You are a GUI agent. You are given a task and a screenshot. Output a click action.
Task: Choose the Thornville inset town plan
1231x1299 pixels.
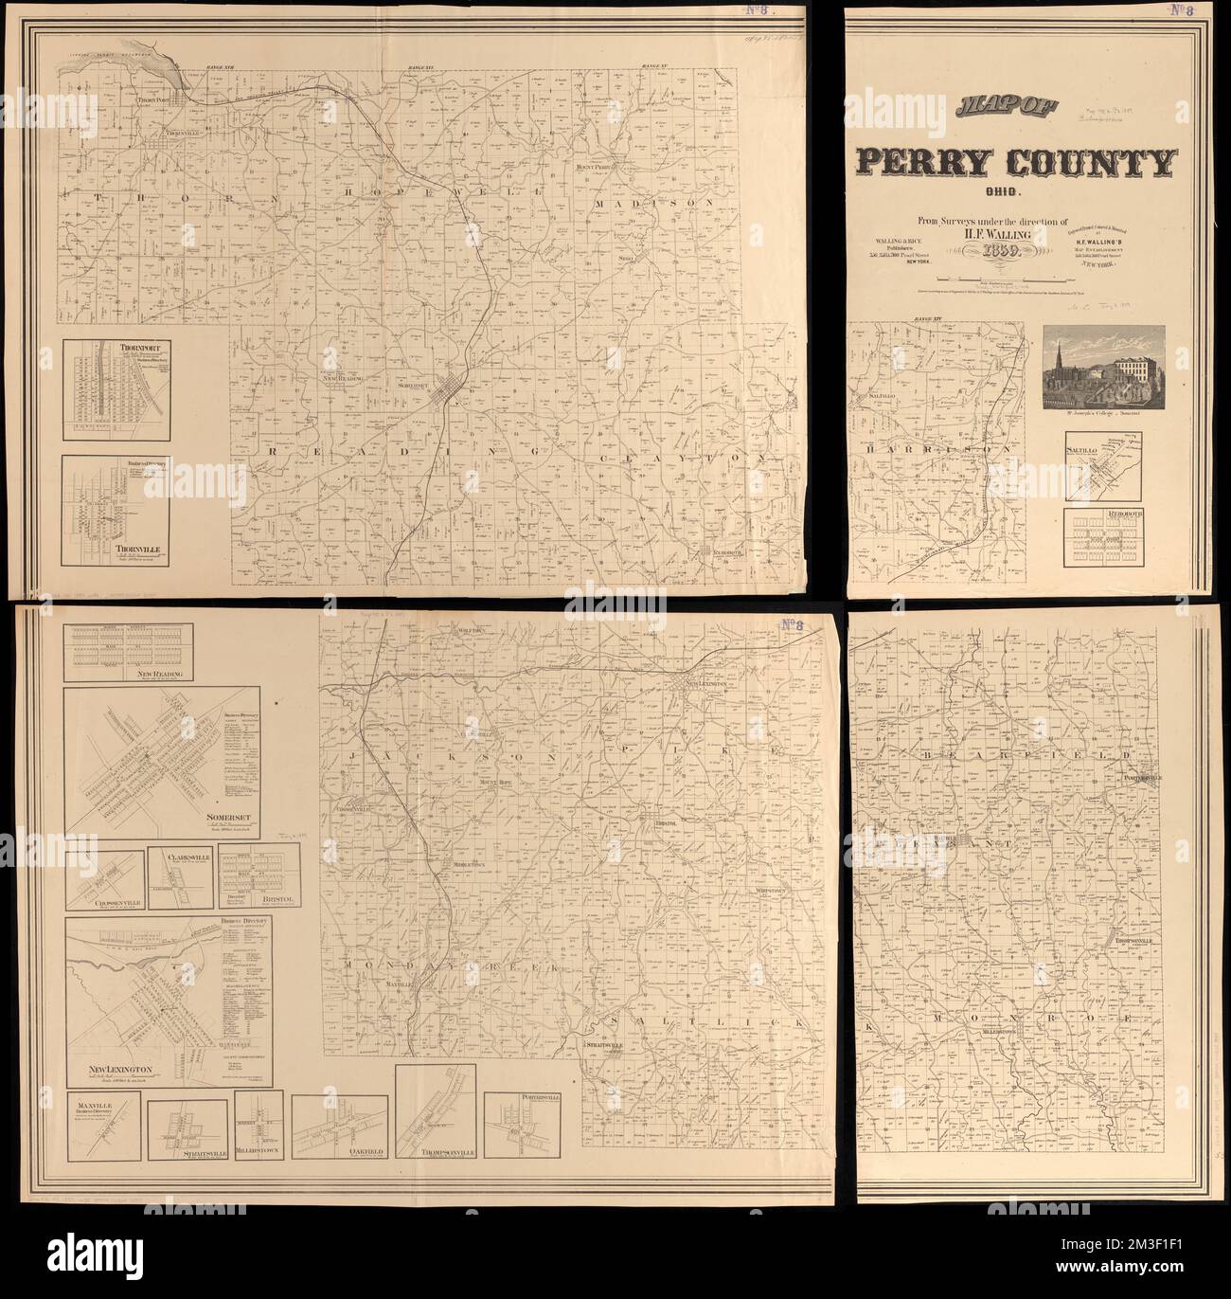[x=116, y=512]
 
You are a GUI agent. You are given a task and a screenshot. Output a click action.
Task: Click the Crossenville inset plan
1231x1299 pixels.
[x=103, y=881]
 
